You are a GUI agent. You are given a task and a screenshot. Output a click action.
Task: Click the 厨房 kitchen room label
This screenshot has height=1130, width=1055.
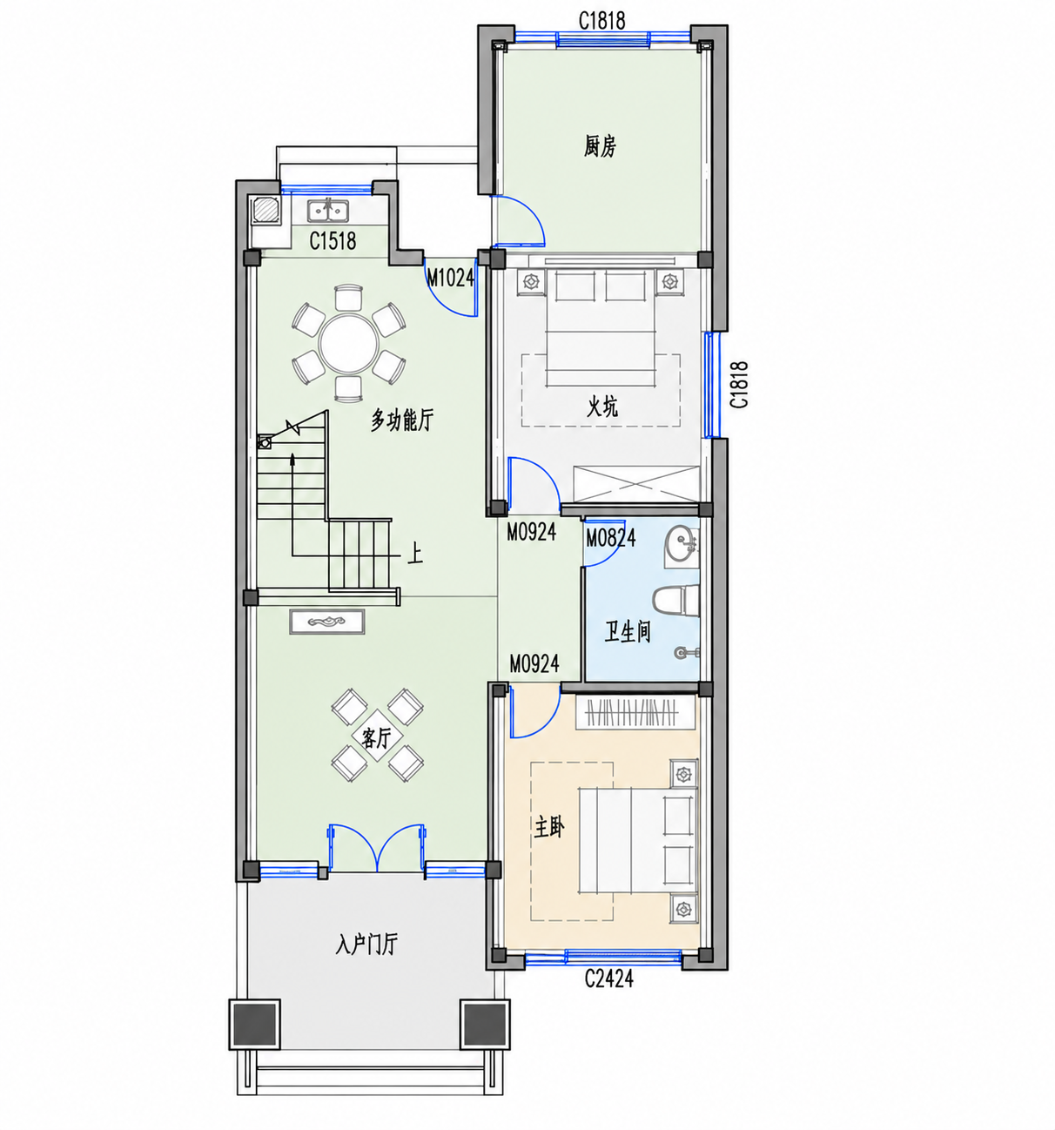(x=600, y=146)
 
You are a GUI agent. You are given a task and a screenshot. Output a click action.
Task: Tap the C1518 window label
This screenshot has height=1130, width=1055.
(x=333, y=240)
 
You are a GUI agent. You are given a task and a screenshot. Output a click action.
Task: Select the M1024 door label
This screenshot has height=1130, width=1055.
(x=450, y=278)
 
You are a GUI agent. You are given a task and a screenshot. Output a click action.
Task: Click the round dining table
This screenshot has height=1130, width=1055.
(x=348, y=343)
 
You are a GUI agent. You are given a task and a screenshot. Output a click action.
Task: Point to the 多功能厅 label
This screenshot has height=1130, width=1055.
(x=402, y=420)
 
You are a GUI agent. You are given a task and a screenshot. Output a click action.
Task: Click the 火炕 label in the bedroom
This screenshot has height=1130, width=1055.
(x=601, y=407)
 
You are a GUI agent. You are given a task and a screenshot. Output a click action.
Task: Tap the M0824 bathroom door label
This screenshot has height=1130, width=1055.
(x=610, y=538)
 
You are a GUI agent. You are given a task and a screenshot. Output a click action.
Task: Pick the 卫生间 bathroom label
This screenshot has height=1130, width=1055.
(x=627, y=631)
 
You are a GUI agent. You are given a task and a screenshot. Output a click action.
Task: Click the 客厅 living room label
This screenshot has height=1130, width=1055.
(x=377, y=738)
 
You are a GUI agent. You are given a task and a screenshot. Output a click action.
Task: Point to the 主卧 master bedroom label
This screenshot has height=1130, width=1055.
(x=548, y=827)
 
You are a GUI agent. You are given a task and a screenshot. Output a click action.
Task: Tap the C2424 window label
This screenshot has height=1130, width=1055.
(x=608, y=979)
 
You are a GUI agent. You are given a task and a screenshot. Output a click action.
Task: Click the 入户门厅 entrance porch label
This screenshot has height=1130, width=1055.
(x=366, y=945)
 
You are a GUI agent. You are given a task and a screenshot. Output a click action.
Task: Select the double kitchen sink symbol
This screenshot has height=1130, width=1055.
(x=328, y=210)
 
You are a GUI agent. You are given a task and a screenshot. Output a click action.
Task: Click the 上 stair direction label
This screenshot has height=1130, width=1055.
(x=415, y=553)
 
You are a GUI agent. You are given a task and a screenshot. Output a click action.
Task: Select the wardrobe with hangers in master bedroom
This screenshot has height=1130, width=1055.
(x=635, y=712)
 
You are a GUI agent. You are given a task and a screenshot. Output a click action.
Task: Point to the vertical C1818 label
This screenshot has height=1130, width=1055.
(x=739, y=385)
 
